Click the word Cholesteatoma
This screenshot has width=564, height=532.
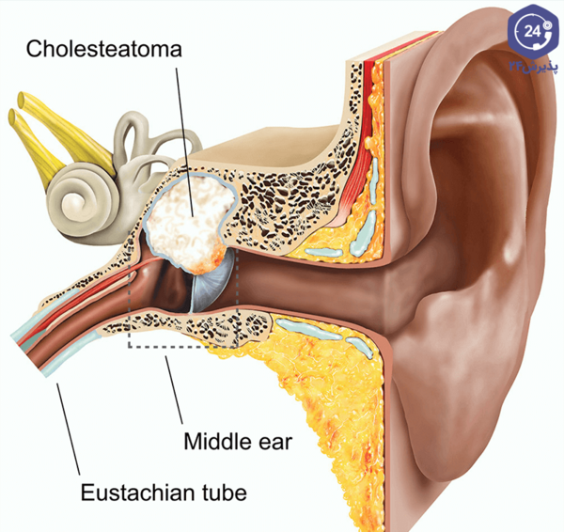click(104, 49)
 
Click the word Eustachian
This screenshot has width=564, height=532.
click(135, 493)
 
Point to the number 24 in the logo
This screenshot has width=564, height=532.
click(532, 32)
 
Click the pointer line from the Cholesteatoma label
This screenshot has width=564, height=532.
click(185, 143)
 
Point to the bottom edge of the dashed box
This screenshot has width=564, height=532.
click(182, 347)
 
